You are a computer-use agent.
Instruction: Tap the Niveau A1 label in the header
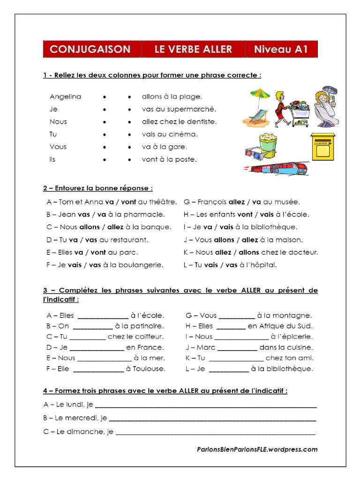[x=281, y=49]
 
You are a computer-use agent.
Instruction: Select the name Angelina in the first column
[x=65, y=97]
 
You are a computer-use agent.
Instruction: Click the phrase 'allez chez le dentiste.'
[x=179, y=121]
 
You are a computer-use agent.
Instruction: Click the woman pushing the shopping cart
[x=282, y=109]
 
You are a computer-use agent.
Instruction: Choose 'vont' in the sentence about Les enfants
[x=245, y=214]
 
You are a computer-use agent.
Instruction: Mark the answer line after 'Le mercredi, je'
[x=212, y=418]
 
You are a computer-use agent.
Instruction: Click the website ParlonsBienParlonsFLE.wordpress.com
[x=257, y=449]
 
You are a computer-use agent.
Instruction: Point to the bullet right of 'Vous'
[x=104, y=147]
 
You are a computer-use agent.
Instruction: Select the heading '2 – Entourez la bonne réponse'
[x=98, y=188]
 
